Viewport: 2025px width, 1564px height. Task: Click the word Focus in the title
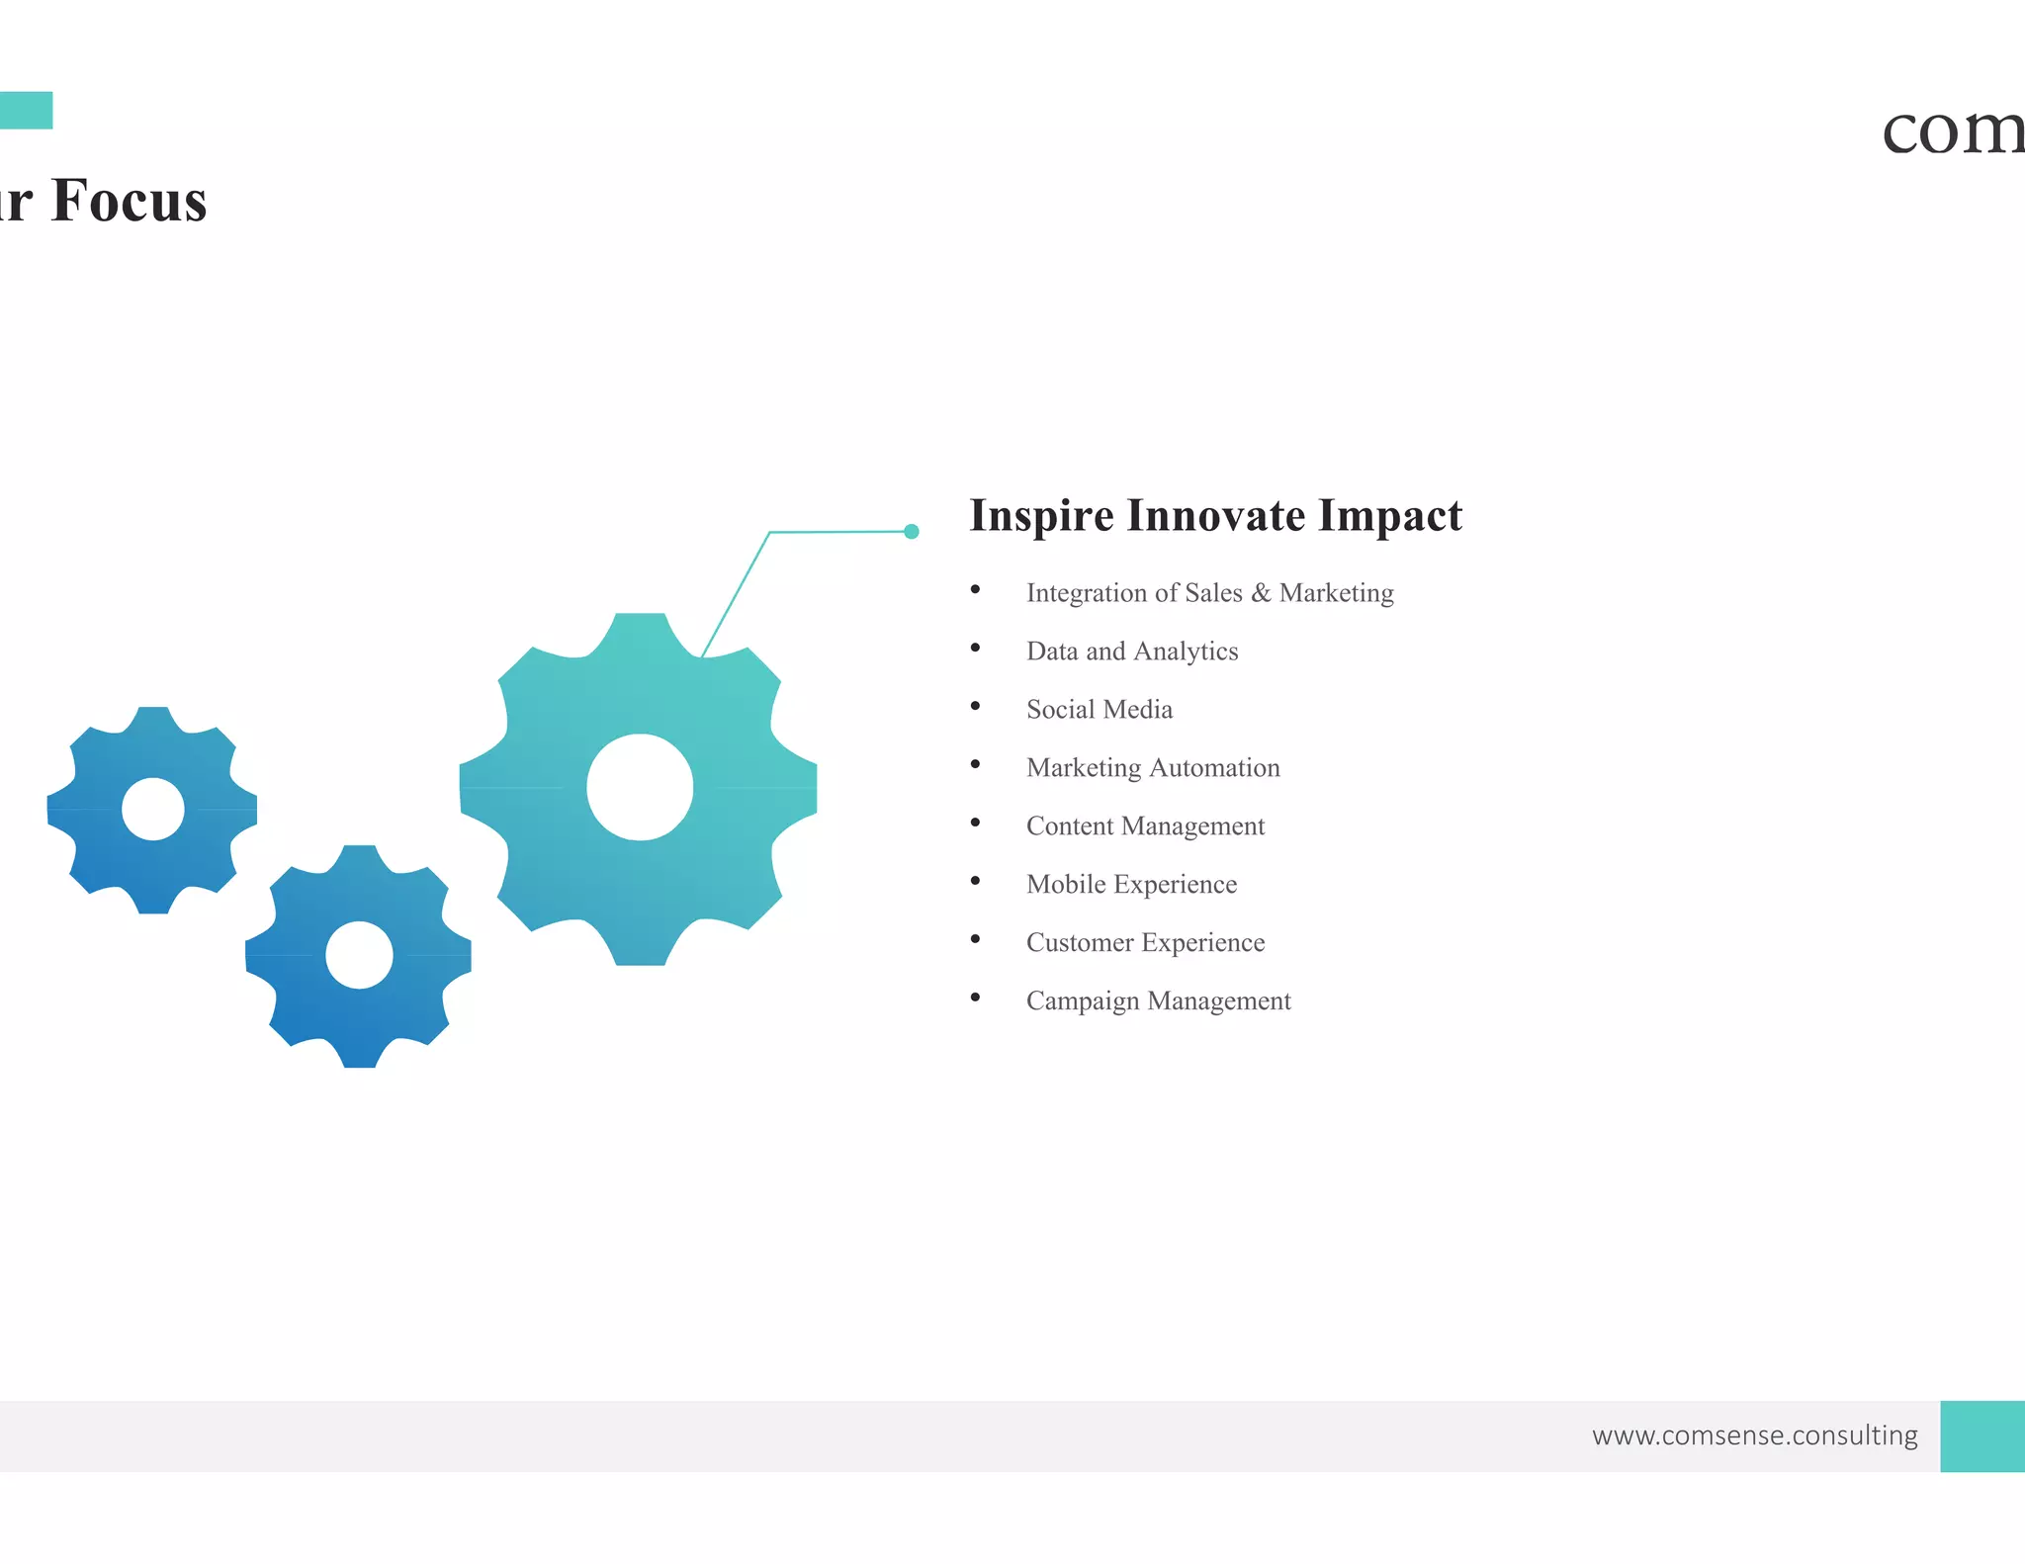[129, 202]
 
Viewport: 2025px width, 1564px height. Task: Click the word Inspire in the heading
[1040, 517]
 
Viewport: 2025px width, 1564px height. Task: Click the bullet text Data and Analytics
[1131, 652]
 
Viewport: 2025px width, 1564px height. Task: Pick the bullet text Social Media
[1099, 710]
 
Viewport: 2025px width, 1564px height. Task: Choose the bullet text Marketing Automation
[1152, 768]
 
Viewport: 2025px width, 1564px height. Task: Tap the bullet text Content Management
[1145, 826]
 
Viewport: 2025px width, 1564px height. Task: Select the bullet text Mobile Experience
[1131, 885]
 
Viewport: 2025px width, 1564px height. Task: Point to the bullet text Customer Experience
[1145, 943]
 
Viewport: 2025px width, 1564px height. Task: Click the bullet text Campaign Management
[1158, 1001]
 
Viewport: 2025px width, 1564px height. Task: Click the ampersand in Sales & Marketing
[1261, 593]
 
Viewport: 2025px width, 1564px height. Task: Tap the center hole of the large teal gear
[640, 788]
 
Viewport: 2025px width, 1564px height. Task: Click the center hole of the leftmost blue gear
[153, 810]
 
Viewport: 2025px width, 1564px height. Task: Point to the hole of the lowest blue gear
[359, 955]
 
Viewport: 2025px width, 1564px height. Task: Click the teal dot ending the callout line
[912, 532]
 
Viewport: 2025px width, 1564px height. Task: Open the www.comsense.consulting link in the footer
[1754, 1435]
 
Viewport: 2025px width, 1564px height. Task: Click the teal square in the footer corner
[1982, 1435]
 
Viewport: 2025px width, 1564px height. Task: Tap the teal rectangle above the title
[26, 111]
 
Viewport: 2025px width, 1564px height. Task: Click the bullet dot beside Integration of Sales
[975, 590]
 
